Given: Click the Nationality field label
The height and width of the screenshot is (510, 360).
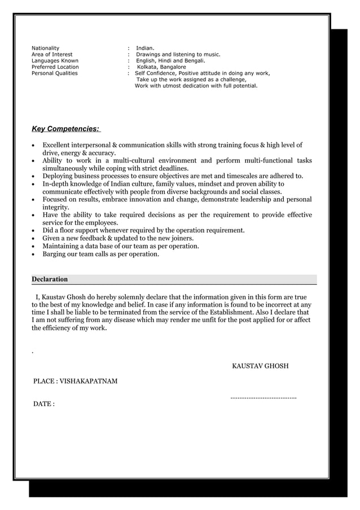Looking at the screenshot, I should coord(45,49).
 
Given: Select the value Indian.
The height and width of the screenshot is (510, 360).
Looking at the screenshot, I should coord(145,49).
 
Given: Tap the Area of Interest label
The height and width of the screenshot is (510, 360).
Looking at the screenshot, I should coord(52,55).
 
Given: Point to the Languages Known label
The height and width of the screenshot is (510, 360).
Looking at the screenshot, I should coord(55,61).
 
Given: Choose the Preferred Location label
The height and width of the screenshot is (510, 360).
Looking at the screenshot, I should coord(55,67).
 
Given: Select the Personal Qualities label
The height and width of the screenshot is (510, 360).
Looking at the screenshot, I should coord(55,73).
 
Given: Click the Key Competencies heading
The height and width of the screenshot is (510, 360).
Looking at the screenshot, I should coord(65,129).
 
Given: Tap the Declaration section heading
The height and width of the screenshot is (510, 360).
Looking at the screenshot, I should coord(50,279).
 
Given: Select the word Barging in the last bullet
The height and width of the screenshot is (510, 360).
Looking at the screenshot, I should coord(55,254).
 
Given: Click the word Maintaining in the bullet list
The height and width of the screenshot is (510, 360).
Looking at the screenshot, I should coord(63,246).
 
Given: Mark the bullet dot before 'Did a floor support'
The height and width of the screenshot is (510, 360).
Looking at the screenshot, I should coord(34,230).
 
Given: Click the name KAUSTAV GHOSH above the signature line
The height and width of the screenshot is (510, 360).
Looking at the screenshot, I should coord(260,366).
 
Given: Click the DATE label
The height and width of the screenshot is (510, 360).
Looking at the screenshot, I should coord(42,404).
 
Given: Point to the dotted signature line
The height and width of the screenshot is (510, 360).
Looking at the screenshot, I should coord(264,398).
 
